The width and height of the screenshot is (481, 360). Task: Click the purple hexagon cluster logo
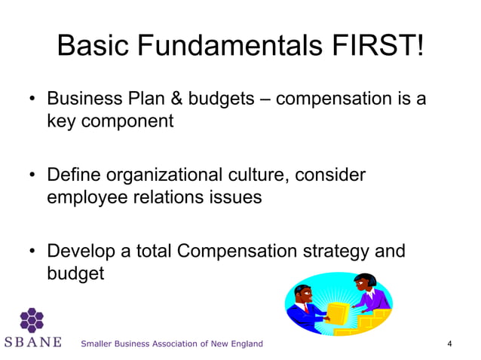tap(32, 319)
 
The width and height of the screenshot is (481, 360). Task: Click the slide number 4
tap(449, 344)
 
